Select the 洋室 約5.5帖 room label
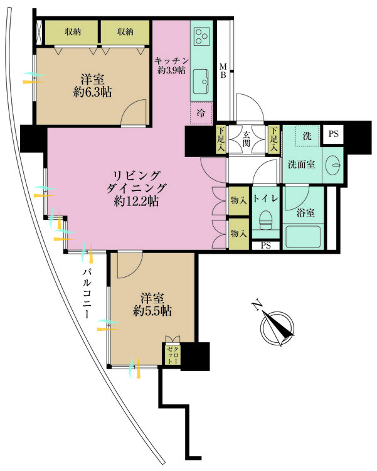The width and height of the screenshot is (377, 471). [x=152, y=303]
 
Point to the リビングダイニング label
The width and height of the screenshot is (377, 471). [x=136, y=188]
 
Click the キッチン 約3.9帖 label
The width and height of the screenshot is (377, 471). [x=171, y=65]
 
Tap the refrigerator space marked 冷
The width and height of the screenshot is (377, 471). [x=201, y=114]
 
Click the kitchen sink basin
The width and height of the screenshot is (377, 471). [x=203, y=80]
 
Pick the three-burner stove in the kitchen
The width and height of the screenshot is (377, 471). [x=203, y=36]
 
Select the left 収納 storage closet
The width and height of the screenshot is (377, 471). [x=71, y=32]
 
